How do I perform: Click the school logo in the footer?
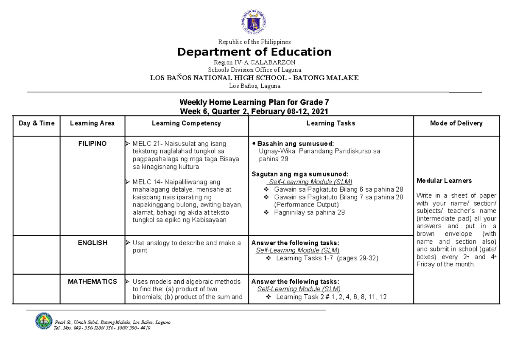[x=43, y=321]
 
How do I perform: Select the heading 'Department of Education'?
[x=254, y=52]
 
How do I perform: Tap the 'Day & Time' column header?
[x=36, y=123]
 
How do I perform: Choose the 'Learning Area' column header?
[x=92, y=123]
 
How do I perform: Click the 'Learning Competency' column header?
[x=186, y=123]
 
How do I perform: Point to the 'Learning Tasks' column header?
[x=330, y=123]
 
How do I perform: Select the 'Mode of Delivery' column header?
[x=456, y=123]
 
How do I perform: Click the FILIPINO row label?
[x=92, y=144]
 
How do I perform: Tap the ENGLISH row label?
[x=92, y=243]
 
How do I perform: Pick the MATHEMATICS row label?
[x=92, y=282]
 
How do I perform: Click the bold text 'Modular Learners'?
[x=444, y=181]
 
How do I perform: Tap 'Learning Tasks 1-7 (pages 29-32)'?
[x=327, y=258]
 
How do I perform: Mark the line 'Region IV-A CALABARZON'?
[x=254, y=62]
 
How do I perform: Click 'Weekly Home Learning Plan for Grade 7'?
[x=254, y=102]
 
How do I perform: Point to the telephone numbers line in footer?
[x=102, y=328]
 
